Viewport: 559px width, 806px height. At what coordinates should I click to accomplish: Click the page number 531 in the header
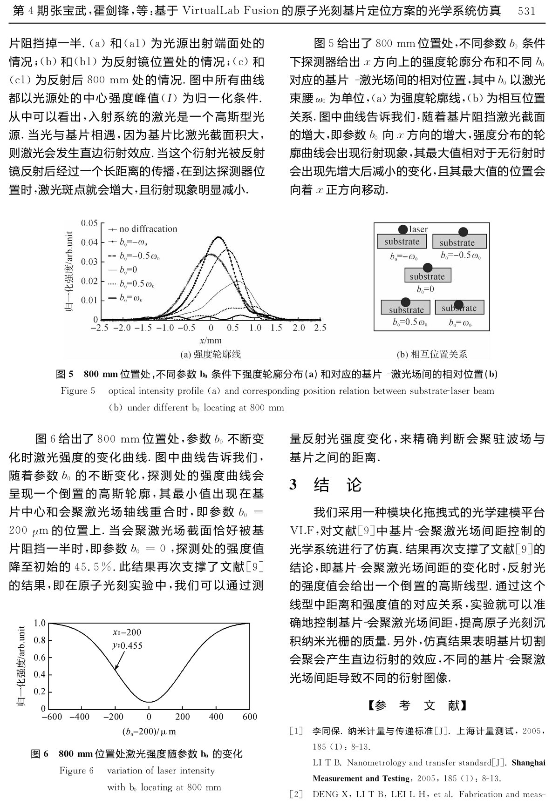(x=527, y=11)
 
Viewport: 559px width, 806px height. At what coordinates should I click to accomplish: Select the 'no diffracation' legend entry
(x=148, y=229)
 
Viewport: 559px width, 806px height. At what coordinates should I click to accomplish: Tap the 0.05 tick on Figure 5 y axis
(x=89, y=223)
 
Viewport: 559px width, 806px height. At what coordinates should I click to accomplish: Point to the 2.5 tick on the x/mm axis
(x=320, y=328)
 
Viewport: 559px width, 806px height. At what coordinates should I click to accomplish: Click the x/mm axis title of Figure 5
(x=211, y=341)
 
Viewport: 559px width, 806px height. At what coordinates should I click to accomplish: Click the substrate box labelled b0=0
(x=427, y=276)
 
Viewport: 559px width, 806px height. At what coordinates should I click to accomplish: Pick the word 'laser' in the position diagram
(x=418, y=229)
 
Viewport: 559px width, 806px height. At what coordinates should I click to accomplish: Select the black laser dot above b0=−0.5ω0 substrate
(x=463, y=232)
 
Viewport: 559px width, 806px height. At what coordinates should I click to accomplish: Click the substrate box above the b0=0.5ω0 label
(x=406, y=309)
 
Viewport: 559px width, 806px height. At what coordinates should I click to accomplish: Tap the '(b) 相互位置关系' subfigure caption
(x=431, y=355)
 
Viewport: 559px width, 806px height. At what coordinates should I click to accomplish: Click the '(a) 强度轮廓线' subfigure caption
(x=210, y=355)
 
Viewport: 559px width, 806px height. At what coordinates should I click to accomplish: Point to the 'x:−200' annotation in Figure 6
(x=127, y=632)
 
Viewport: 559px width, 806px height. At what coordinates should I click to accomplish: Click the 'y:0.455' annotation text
(x=127, y=645)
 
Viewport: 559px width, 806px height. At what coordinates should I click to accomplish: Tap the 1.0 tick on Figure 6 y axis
(x=40, y=623)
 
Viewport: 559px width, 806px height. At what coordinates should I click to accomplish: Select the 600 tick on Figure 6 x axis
(x=250, y=717)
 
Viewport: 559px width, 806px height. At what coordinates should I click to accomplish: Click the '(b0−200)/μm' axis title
(x=149, y=731)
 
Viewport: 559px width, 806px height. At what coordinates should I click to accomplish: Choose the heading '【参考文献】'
(x=417, y=706)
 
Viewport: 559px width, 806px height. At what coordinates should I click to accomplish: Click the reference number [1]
(x=296, y=731)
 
